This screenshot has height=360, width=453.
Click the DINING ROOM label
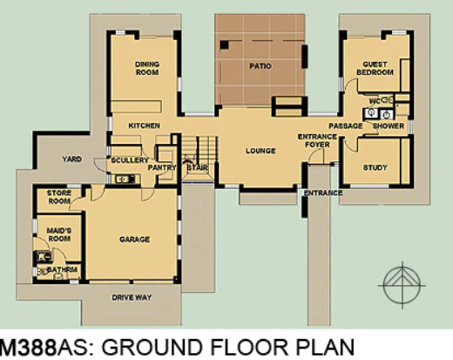(147, 68)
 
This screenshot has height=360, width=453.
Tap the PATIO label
(260, 66)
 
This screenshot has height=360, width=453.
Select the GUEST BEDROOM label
(375, 68)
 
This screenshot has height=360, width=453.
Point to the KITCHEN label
(144, 126)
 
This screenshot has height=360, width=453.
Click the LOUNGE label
(260, 151)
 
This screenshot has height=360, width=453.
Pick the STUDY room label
(375, 167)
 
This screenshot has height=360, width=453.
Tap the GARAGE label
(135, 240)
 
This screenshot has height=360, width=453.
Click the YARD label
(71, 160)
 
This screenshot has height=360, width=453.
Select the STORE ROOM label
(59, 197)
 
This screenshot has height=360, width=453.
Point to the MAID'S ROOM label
(59, 234)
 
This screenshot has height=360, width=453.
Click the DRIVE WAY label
(132, 298)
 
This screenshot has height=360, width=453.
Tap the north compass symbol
(402, 285)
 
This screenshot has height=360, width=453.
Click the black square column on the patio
(224, 45)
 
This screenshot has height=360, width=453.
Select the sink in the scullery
(125, 179)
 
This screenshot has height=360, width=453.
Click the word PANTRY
(162, 167)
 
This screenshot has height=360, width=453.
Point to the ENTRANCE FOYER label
(317, 140)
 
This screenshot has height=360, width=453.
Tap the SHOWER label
(389, 126)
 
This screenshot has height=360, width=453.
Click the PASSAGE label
(346, 126)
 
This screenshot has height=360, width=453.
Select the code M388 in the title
(28, 347)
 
